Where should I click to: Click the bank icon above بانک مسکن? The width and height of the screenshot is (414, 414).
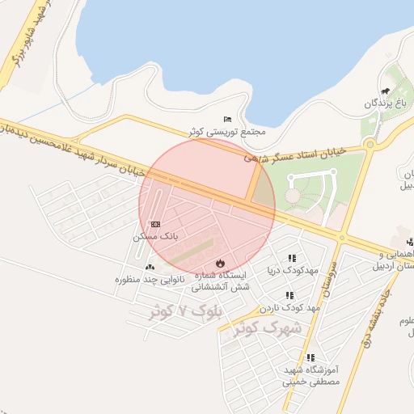coord(155,224)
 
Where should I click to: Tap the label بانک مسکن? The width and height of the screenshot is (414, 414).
coord(154,238)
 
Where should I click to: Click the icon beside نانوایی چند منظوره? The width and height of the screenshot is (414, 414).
coord(150,267)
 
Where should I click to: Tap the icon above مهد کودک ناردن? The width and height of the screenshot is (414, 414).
coord(289,295)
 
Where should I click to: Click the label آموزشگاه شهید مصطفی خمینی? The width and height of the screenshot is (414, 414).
coord(310,375)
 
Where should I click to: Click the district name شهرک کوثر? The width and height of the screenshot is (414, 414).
coord(267,328)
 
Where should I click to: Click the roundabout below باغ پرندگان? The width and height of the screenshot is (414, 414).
coord(371,146)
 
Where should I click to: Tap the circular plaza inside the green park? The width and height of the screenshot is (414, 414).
coord(293,196)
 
